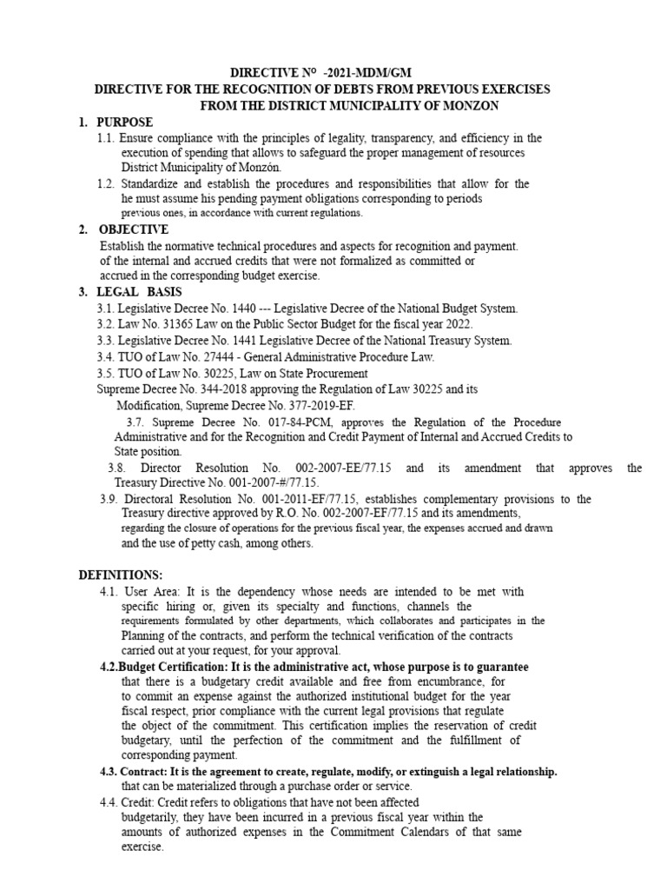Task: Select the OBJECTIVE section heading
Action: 134,229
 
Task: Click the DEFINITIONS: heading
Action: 120,575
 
